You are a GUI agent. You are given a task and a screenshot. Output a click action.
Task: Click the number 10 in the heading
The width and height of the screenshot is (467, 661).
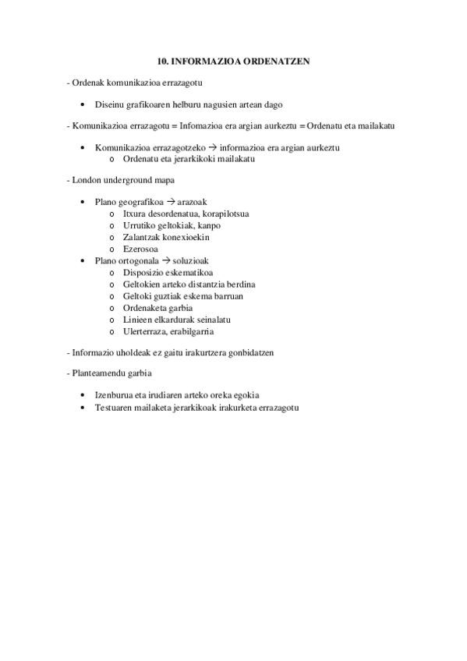pos(161,60)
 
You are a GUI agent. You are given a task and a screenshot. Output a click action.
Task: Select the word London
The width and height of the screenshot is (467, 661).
pos(87,180)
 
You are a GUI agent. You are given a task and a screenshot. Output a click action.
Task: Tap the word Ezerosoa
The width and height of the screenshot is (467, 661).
pos(140,249)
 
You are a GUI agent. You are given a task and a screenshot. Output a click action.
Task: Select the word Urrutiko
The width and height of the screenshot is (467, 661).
pos(140,225)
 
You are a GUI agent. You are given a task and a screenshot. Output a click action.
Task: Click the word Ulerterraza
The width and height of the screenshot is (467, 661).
pos(148,331)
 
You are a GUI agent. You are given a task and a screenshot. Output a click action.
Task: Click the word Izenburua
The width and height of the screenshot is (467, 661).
pos(115,395)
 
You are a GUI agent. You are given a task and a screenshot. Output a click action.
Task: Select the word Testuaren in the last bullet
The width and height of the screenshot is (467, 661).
pos(115,407)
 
